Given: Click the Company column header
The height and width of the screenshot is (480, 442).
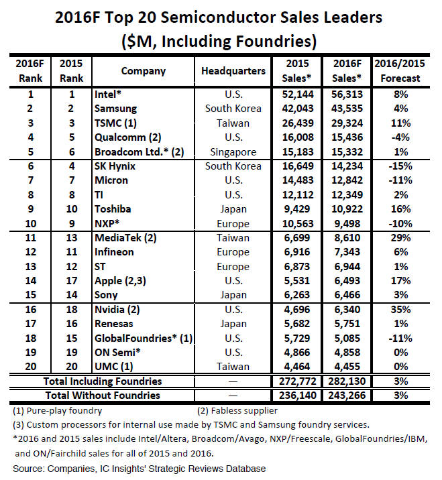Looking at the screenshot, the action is coord(144,71).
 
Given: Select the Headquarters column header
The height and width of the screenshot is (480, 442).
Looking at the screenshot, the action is coord(233,71).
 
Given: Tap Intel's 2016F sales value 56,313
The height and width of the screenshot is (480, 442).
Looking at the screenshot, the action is coord(347,95).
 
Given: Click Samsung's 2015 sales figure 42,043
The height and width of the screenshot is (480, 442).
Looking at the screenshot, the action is coord(298,109).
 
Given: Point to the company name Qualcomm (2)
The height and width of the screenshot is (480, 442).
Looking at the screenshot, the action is coord(127,137).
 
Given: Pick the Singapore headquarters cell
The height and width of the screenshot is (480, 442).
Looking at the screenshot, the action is coord(233,152).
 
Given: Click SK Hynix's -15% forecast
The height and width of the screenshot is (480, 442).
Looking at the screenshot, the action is coord(400,166).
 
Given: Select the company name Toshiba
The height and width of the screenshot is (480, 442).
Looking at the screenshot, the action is coord(113,209).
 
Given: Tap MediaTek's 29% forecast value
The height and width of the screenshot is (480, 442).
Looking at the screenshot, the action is coord(400,238).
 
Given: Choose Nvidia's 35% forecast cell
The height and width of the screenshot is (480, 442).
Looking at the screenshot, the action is coord(400,310).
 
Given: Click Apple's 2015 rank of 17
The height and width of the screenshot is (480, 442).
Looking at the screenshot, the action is coord(71,281).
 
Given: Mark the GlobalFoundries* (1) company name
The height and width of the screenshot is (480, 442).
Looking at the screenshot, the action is coord(144,339).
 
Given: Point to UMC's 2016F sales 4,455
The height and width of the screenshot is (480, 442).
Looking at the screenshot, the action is coord(347,367).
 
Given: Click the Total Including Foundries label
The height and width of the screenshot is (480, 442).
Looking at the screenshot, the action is coord(103,381).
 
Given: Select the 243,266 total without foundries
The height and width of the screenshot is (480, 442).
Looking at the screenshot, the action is coord(347,396).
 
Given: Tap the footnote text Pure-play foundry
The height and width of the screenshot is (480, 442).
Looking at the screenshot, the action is coord(64,411).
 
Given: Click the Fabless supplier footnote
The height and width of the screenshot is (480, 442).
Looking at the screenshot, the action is coord(244,411).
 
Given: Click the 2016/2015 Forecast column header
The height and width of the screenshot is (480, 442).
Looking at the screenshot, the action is coord(400,71).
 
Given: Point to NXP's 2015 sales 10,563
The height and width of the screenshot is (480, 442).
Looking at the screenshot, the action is coord(298,224).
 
